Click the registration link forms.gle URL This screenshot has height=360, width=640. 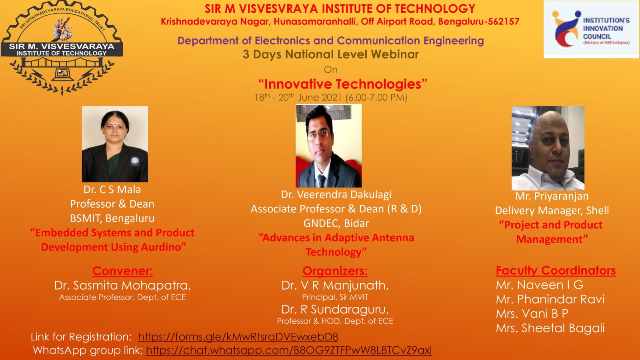(238, 337)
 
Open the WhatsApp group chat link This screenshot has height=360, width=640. (289, 350)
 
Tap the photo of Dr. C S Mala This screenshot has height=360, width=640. (115, 144)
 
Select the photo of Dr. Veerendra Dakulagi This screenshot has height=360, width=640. (328, 146)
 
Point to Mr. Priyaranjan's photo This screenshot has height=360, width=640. (548, 148)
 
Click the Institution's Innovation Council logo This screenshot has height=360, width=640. (591, 29)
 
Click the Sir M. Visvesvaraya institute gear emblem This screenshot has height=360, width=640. (62, 47)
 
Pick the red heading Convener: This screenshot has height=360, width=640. (122, 271)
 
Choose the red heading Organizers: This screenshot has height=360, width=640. (335, 271)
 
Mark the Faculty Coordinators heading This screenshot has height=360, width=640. (556, 270)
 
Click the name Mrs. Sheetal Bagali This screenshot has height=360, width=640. (550, 328)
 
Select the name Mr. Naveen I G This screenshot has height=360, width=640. (540, 285)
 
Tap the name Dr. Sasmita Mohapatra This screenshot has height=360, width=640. (122, 286)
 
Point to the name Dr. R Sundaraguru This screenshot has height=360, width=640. (335, 310)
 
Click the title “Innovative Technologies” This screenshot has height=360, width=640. (342, 84)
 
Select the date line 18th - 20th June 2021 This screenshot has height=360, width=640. (330, 98)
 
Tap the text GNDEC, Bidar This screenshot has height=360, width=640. (336, 223)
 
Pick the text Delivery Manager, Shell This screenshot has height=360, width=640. (552, 210)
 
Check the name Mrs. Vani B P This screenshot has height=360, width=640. (532, 314)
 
